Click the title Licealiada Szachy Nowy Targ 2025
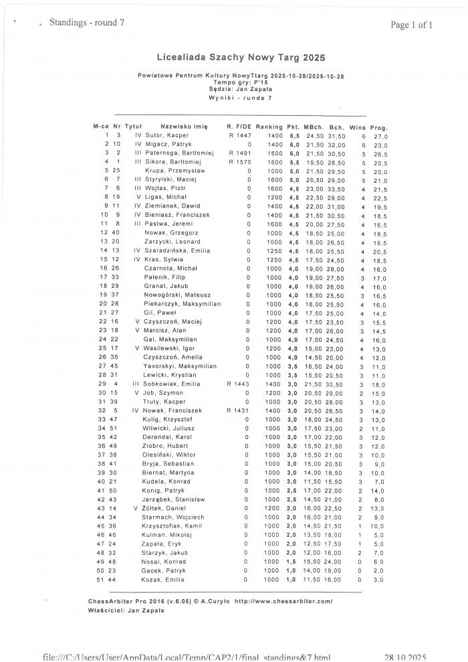coord(231,59)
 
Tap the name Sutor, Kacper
coord(164,135)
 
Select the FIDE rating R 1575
coord(239,162)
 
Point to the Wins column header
coord(358,127)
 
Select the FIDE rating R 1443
coord(239,384)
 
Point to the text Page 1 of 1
coord(412,25)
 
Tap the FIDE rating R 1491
coord(239,153)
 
